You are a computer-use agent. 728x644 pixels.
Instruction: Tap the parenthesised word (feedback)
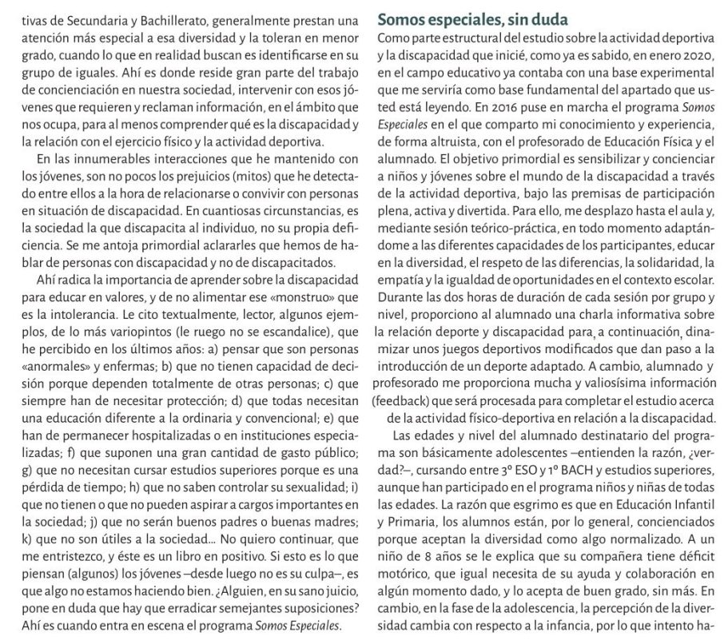[x=405, y=403]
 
